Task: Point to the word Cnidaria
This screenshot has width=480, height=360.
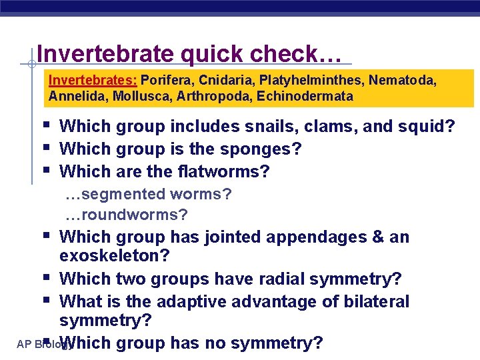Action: pyautogui.click(x=226, y=81)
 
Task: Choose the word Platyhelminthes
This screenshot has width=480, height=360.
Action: pyautogui.click(x=311, y=81)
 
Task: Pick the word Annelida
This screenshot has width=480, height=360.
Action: pyautogui.click(x=74, y=96)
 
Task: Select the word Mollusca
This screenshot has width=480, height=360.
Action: pyautogui.click(x=137, y=96)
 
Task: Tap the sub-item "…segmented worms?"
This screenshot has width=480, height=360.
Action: pyautogui.click(x=148, y=194)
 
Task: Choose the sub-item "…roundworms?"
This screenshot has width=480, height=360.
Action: pyautogui.click(x=126, y=215)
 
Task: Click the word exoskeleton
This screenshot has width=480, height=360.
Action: pyautogui.click(x=115, y=257)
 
